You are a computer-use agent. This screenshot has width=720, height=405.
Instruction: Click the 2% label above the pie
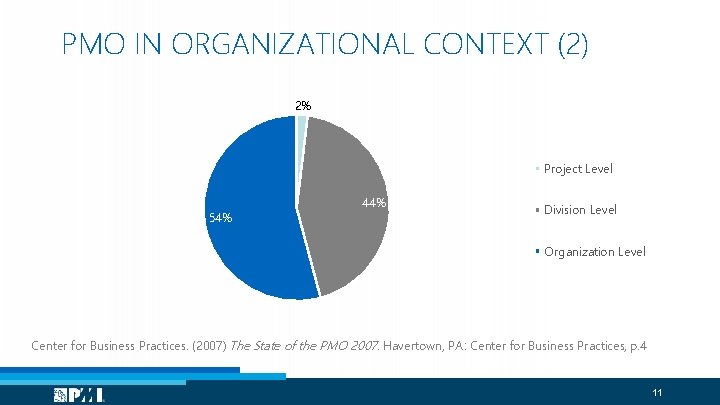coord(302,105)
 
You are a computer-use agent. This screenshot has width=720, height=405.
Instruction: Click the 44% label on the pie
coord(374,203)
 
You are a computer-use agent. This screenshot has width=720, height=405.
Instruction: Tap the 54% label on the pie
coord(219,217)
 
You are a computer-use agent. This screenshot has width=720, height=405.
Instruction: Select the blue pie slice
coord(250,220)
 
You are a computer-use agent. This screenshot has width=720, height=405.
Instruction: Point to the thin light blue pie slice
coord(301,125)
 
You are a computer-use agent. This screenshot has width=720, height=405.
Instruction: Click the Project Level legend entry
coord(577,169)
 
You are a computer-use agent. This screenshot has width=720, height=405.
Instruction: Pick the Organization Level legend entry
coord(594,251)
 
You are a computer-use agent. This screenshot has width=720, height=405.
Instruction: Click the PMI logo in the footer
coord(80,395)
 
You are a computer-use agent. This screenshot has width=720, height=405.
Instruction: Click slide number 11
coord(657,392)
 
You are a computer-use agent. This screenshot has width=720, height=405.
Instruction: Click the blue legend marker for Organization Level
coord(537,250)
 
